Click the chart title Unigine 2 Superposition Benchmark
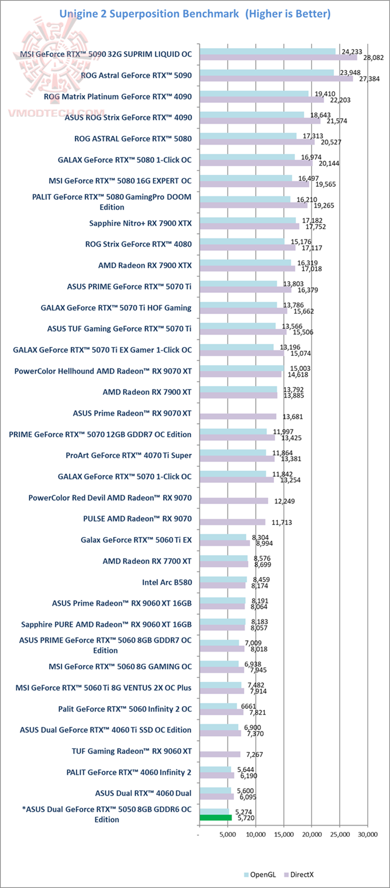(x=148, y=14)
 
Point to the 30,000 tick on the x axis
(x=367, y=835)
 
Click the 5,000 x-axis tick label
(x=228, y=835)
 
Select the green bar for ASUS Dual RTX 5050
(x=216, y=818)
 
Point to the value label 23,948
(x=350, y=72)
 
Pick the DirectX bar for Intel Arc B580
(x=222, y=586)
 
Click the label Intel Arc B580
(x=167, y=583)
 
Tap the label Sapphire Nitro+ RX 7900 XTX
(x=140, y=223)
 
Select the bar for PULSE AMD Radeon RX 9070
(x=232, y=522)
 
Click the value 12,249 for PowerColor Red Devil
(x=284, y=501)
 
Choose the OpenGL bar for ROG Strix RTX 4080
(x=242, y=241)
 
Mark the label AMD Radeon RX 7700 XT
(x=147, y=561)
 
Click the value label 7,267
(x=256, y=755)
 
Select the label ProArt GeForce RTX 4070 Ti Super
(x=128, y=455)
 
